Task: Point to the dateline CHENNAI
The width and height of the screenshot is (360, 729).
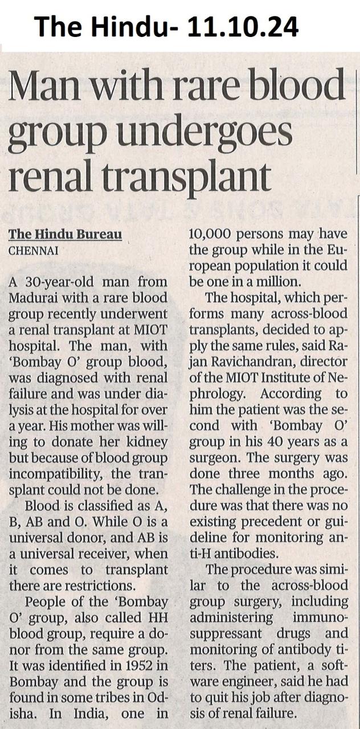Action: [x=33, y=249]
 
